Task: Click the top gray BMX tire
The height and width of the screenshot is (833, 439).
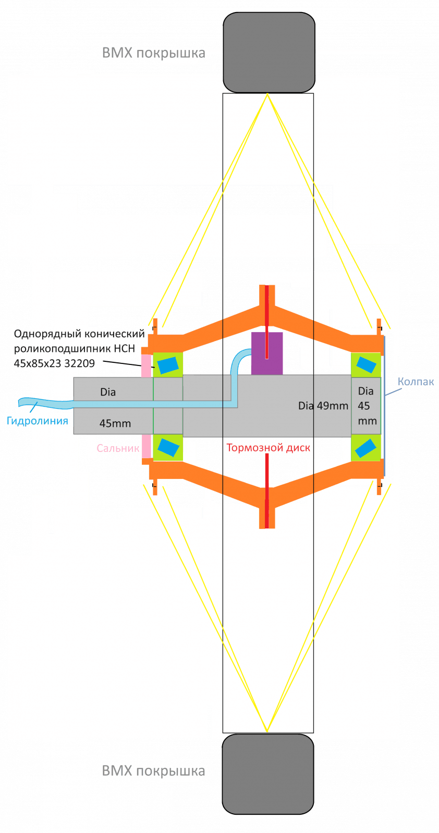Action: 269,53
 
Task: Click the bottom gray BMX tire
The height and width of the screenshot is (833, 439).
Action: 268,774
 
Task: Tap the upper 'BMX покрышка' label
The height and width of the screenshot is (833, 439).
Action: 153,53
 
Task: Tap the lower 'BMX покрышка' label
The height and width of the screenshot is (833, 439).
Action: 153,771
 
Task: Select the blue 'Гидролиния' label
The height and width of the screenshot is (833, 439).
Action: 38,421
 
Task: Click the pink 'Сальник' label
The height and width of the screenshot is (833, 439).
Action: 118,448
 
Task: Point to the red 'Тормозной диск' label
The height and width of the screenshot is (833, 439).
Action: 269,448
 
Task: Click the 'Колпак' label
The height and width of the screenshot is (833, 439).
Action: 416,382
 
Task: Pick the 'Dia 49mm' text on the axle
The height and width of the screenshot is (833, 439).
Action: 323,406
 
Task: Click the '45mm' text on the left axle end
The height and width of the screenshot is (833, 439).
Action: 115,424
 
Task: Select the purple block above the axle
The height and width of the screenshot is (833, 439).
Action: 267,352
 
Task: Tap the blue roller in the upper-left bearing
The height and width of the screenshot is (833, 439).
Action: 168,365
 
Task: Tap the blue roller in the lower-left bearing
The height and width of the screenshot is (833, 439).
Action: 168,447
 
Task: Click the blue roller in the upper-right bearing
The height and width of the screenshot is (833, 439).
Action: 365,364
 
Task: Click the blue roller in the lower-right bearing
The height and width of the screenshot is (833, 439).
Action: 365,447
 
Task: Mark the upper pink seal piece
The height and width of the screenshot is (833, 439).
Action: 146,364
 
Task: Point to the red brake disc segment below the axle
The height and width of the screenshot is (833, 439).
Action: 267,489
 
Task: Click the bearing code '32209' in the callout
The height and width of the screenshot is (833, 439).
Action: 79,363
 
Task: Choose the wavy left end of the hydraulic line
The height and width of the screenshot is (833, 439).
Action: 31,402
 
